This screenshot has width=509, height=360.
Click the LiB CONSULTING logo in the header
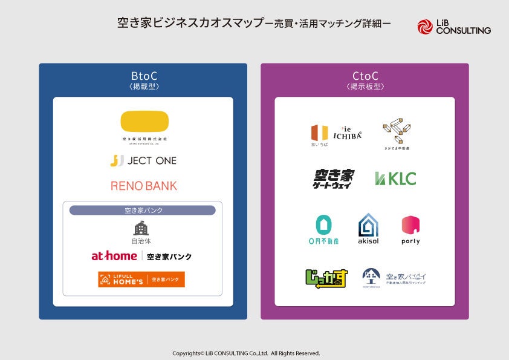[453, 27]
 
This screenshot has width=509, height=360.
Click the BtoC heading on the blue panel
[144, 76]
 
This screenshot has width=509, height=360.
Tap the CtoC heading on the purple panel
[365, 76]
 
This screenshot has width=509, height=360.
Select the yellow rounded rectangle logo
[144, 121]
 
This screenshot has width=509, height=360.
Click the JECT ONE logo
[143, 160]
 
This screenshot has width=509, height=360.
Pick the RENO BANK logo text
[144, 186]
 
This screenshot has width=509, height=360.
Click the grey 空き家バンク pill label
[142, 211]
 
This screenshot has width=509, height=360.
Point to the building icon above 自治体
[141, 227]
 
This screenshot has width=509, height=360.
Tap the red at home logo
[114, 256]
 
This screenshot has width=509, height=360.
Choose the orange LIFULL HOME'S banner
[141, 279]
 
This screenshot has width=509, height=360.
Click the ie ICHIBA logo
[336, 133]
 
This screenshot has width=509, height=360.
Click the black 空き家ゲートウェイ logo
[333, 179]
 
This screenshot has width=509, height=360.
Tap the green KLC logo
[395, 178]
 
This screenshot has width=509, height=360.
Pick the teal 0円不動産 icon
[323, 226]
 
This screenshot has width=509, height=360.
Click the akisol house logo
[368, 228]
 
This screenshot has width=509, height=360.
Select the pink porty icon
[410, 226]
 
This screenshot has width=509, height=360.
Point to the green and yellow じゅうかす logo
[326, 278]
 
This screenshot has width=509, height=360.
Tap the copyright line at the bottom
[246, 353]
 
